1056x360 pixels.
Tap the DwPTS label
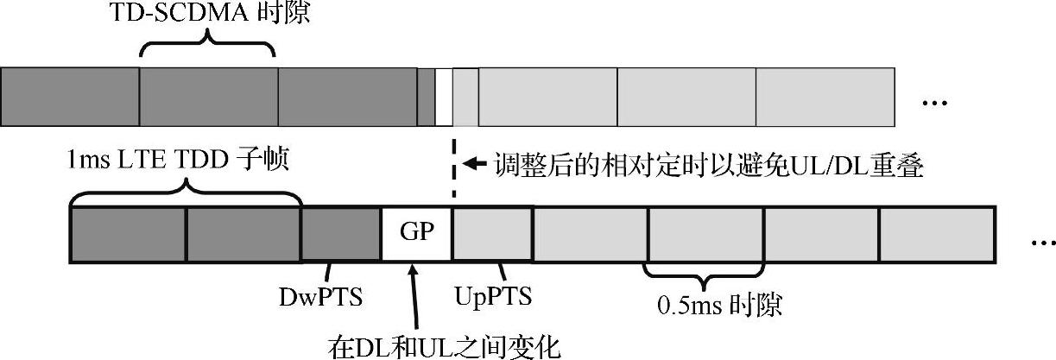click(x=320, y=297)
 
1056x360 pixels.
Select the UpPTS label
click(x=492, y=297)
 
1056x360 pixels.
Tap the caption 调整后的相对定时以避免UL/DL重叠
click(x=709, y=164)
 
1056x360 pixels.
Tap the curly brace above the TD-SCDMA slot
click(x=207, y=45)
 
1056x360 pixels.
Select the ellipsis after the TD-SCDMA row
click(x=935, y=104)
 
